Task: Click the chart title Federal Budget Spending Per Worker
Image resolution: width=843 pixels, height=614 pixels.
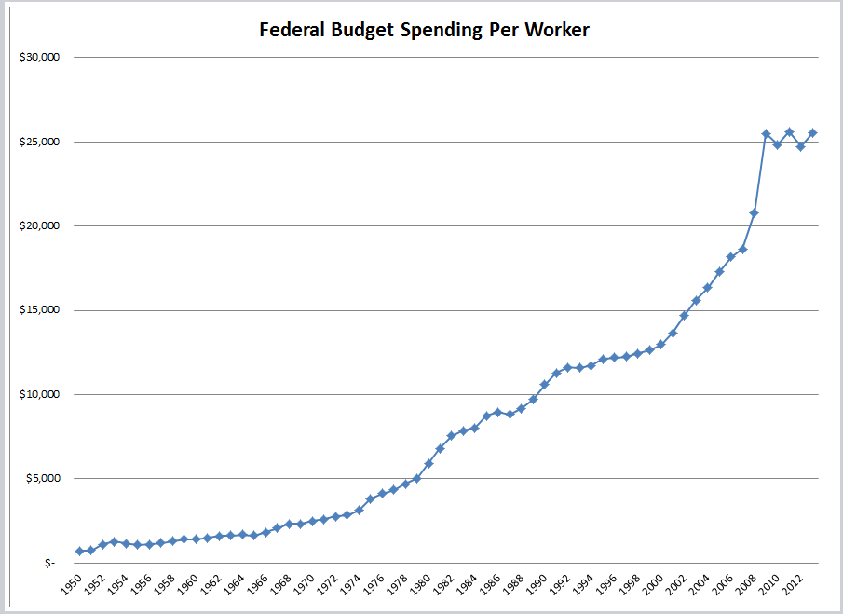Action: [x=425, y=30]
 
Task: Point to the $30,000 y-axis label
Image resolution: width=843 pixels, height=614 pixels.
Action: [x=40, y=57]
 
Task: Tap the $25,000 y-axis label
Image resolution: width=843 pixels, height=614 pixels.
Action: [x=40, y=142]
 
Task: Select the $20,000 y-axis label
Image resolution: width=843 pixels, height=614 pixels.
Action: [x=40, y=225]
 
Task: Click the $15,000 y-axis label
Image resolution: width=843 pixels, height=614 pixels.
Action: [x=40, y=310]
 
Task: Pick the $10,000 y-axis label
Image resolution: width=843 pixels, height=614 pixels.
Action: [x=40, y=394]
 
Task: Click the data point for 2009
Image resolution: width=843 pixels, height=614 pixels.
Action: [x=766, y=134]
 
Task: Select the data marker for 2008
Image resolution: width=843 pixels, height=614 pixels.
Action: [x=754, y=213]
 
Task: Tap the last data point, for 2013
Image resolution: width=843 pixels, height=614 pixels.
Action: [x=812, y=133]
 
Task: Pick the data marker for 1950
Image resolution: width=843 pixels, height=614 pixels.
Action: [x=79, y=552]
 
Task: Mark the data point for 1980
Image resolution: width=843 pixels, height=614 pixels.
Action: [x=428, y=463]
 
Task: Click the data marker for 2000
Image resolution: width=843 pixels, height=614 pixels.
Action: [x=660, y=344]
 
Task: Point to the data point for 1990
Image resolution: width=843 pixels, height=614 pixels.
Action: [x=544, y=384]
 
